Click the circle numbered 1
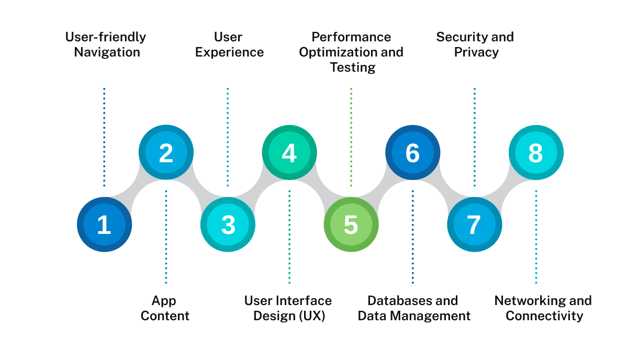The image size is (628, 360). [x=104, y=224]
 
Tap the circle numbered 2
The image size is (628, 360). [x=166, y=153]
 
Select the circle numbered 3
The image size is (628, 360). [x=228, y=224]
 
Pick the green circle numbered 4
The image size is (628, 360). [x=289, y=153]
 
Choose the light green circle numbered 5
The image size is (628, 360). [x=351, y=224]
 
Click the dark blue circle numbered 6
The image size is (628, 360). [x=412, y=153]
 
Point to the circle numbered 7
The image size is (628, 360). [x=474, y=224]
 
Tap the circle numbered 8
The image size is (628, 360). [x=536, y=153]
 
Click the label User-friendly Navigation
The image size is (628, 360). [x=106, y=44]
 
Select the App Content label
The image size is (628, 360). [x=164, y=308]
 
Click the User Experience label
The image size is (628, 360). [x=229, y=44]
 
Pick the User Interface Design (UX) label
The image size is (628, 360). [x=288, y=308]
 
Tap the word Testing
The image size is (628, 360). [x=353, y=67]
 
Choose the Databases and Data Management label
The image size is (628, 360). [x=413, y=308]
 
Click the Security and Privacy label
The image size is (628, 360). [x=475, y=44]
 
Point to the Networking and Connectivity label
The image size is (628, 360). [x=544, y=308]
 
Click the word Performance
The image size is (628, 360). [x=351, y=37]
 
